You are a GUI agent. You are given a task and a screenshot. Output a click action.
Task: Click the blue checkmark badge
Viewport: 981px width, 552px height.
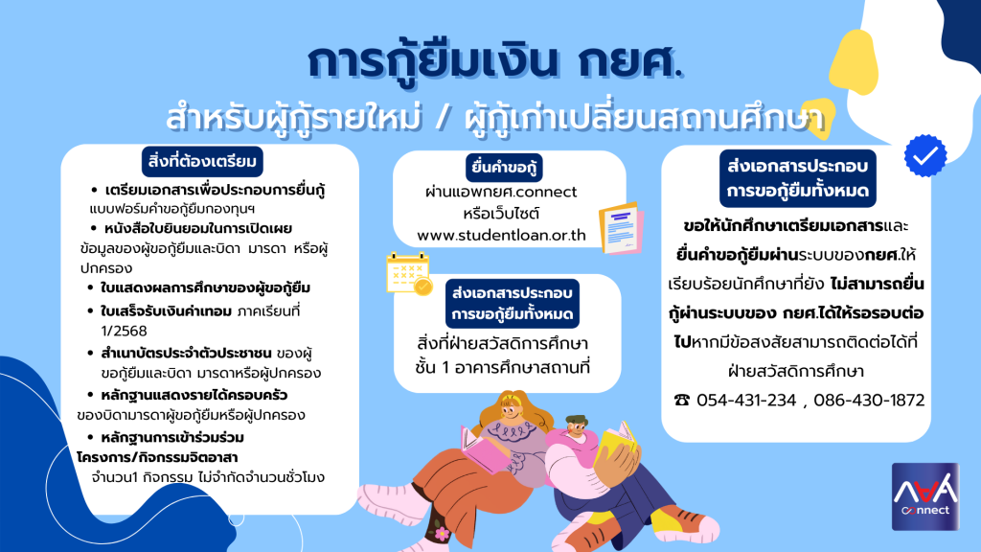pos(925,155)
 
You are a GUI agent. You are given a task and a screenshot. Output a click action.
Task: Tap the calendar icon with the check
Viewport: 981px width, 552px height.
pos(408,273)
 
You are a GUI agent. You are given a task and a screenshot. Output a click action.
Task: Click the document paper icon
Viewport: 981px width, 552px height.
pos(621,228)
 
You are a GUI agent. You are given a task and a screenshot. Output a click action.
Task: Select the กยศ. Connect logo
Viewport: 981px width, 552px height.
pos(925,496)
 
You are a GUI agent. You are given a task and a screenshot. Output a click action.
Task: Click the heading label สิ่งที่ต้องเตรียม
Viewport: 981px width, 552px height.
pos(202,161)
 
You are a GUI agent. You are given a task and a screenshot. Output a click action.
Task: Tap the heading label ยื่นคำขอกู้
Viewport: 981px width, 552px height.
pos(504,168)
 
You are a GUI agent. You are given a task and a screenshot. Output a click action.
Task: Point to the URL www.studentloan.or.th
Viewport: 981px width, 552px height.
pos(501,236)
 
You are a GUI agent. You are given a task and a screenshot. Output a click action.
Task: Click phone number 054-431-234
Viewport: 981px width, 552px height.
pos(745,400)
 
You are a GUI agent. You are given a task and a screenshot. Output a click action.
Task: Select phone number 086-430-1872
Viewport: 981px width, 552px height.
pos(869,400)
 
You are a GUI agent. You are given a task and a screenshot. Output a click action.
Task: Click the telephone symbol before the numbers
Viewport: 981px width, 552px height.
pos(682,400)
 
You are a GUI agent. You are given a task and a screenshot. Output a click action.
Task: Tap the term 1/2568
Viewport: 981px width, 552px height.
pos(124,331)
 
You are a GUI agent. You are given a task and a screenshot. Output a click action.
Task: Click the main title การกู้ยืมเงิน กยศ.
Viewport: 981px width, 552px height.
pos(494,62)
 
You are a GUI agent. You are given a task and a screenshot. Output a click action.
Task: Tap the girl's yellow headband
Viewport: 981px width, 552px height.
pos(512,398)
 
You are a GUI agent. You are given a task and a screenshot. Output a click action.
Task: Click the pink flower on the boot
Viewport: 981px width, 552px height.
pos(442,534)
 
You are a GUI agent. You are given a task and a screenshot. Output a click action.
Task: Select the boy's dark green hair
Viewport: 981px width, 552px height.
pos(576,420)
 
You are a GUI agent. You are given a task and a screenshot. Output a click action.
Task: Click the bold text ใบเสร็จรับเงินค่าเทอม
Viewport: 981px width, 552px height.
pos(166,311)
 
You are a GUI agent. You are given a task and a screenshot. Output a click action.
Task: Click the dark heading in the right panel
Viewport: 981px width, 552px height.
pos(798,178)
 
